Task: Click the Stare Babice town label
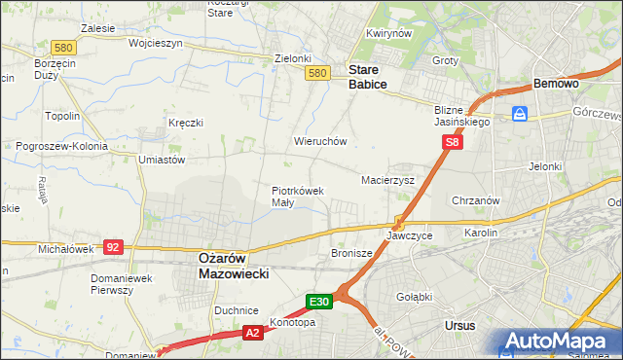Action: coord(368,78)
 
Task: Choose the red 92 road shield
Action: coord(113,247)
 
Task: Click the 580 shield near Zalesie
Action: coord(37,47)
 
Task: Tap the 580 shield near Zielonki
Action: coord(315,73)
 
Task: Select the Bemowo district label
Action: coord(556,84)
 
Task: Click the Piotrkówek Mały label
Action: coord(297,197)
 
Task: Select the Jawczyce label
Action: coord(409,235)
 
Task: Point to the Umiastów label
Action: coord(162,159)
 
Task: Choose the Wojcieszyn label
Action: coord(128,44)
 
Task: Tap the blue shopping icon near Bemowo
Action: coord(520,113)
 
